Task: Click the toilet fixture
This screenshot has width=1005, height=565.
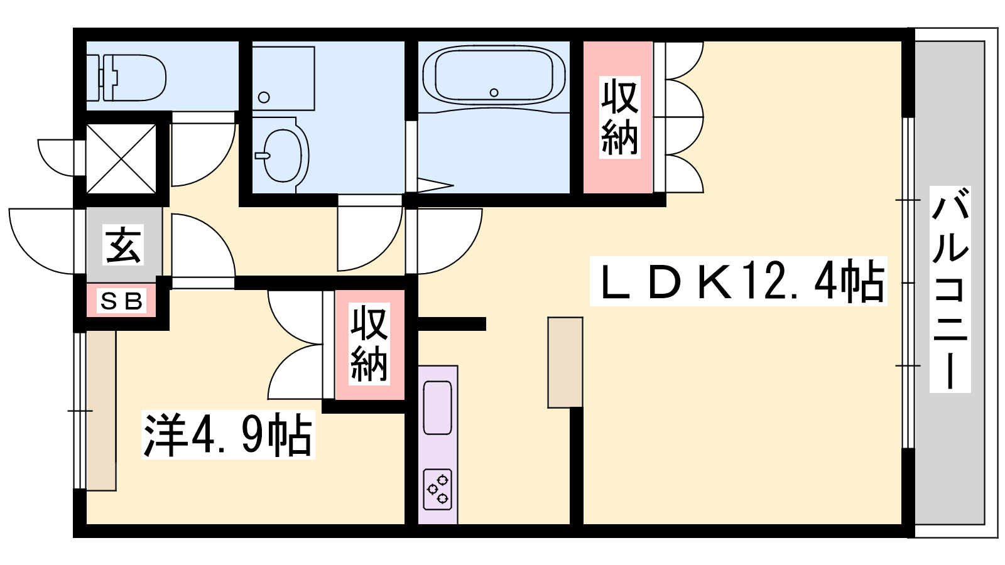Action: (126, 78)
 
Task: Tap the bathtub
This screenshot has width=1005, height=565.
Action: (494, 76)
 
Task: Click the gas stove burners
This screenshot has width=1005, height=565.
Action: (437, 489)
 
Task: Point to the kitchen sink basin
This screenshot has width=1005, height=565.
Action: (437, 407)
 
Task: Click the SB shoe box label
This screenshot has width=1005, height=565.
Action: (122, 301)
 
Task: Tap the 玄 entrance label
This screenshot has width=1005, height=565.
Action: (123, 245)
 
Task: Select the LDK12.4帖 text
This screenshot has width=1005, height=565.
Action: (739, 281)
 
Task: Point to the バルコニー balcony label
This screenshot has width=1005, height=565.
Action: (950, 289)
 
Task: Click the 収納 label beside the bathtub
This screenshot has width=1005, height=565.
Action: (619, 117)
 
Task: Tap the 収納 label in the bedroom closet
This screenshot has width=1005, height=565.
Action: (369, 344)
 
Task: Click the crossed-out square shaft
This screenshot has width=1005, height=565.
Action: (121, 159)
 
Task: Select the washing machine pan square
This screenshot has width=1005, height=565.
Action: (283, 78)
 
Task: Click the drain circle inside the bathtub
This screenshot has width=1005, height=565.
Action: (494, 93)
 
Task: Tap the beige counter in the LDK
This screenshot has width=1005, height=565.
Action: (565, 362)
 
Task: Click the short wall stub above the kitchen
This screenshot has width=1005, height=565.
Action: (452, 324)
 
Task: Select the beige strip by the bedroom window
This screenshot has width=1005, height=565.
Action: (101, 411)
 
